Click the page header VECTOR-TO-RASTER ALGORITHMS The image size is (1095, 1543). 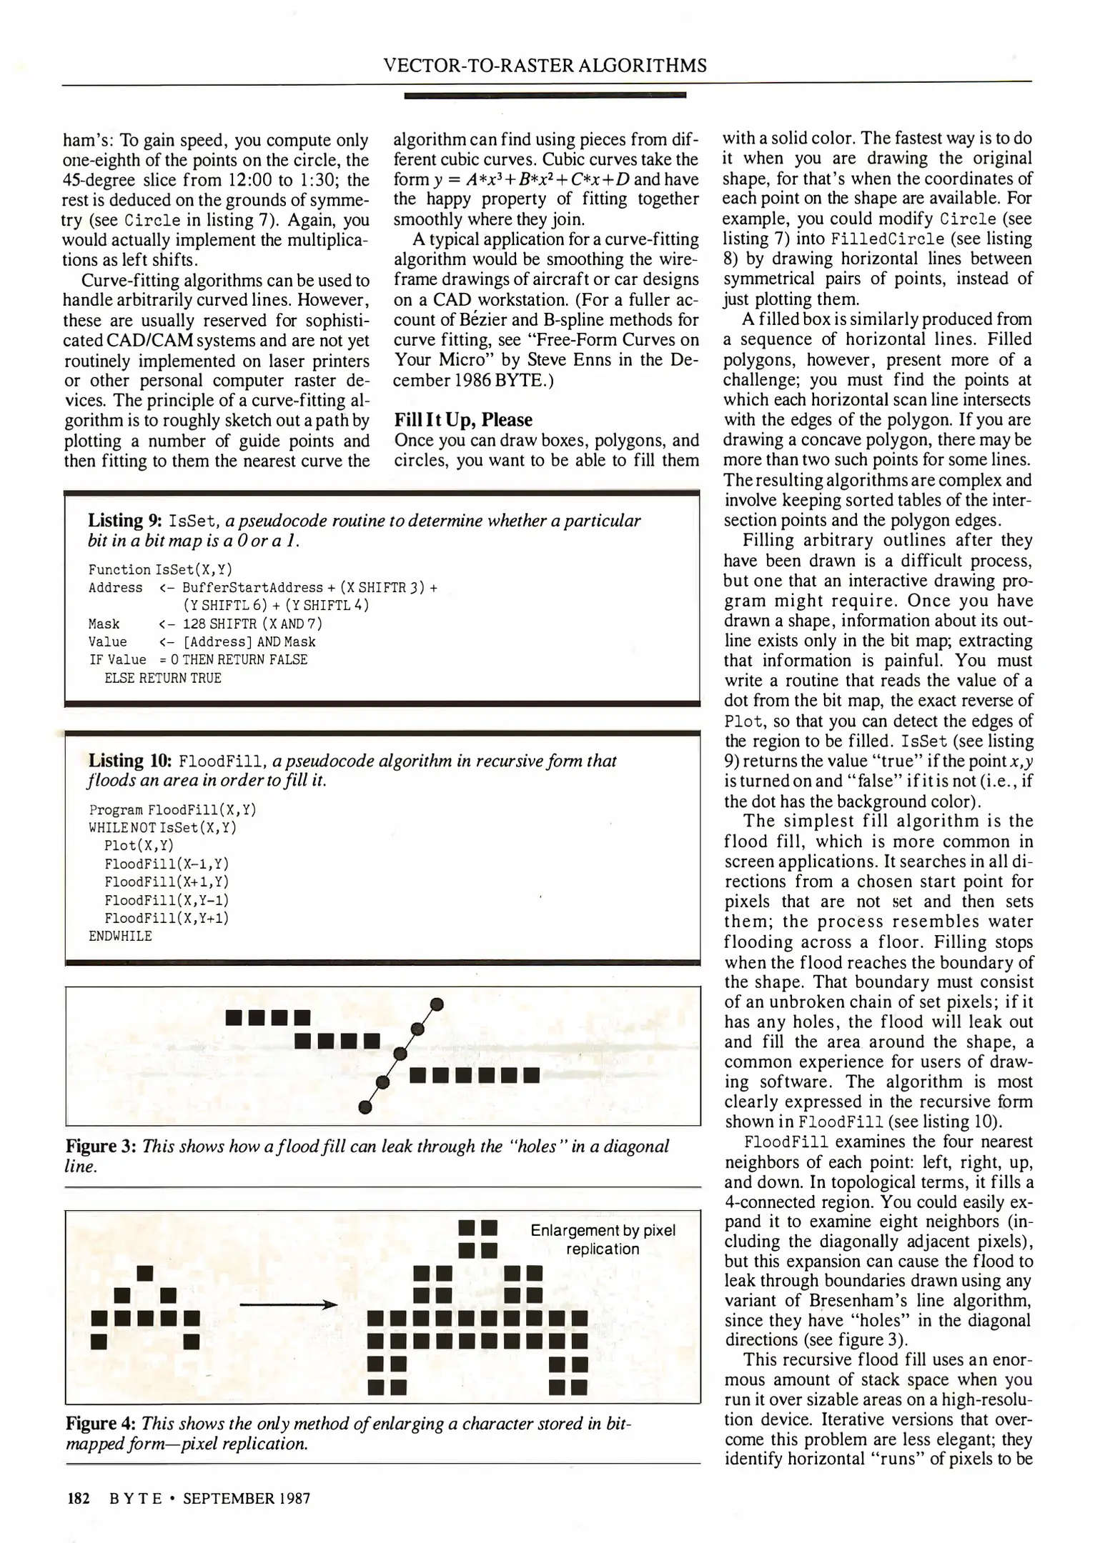click(x=545, y=66)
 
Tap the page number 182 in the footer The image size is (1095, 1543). click(x=77, y=1498)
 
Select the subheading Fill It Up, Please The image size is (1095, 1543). click(x=463, y=420)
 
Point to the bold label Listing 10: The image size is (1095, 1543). click(x=132, y=761)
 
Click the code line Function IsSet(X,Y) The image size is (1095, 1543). click(x=160, y=569)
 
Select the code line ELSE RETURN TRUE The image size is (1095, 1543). click(x=162, y=678)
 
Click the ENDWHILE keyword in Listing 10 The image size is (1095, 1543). click(x=120, y=936)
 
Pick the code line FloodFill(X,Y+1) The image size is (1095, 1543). click(x=166, y=918)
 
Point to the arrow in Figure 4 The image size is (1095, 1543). click(x=287, y=1305)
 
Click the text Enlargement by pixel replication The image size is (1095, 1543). click(x=603, y=1239)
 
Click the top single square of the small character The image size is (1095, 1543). click(x=146, y=1272)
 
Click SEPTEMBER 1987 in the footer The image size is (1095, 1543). click(x=247, y=1498)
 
